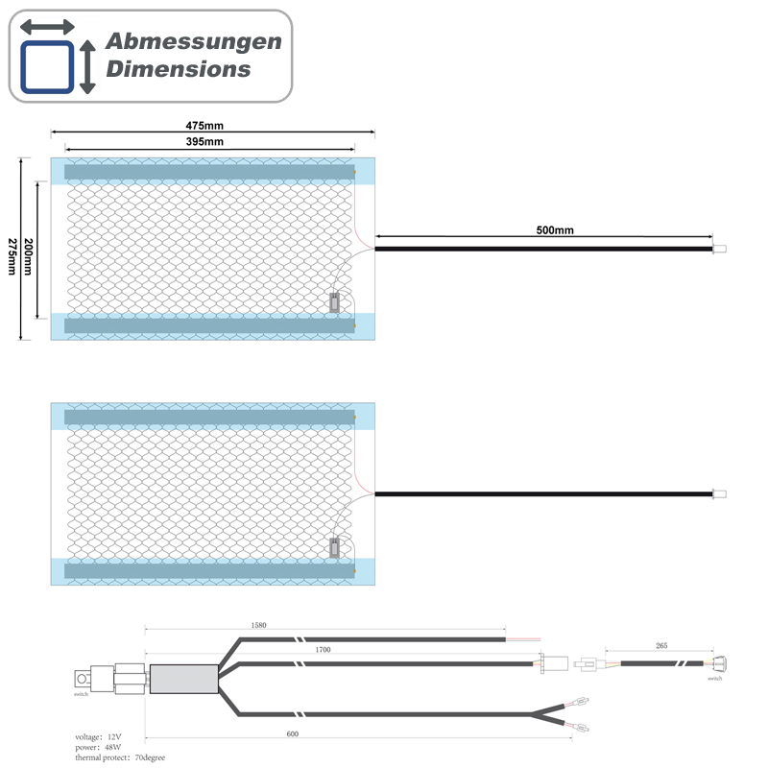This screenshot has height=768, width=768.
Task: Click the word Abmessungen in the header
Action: pyautogui.click(x=194, y=41)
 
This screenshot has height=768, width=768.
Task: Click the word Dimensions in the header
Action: pyautogui.click(x=179, y=69)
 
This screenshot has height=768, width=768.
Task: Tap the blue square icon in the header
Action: pyautogui.click(x=47, y=67)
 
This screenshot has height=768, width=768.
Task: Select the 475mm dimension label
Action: pyautogui.click(x=204, y=126)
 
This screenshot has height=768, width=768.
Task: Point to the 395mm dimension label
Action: pyautogui.click(x=204, y=141)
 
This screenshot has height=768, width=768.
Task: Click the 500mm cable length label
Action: pyautogui.click(x=555, y=230)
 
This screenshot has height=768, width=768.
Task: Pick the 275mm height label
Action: pyautogui.click(x=12, y=256)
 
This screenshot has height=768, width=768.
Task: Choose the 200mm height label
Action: pyautogui.click(x=29, y=256)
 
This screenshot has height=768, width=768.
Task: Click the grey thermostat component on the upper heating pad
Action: pyautogui.click(x=334, y=302)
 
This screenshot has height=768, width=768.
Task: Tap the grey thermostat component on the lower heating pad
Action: pyautogui.click(x=334, y=547)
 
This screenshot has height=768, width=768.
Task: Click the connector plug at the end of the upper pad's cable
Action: pyautogui.click(x=719, y=249)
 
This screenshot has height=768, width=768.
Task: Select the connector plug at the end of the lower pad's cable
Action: pyautogui.click(x=719, y=493)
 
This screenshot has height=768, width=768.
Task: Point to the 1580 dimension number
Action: pyautogui.click(x=258, y=626)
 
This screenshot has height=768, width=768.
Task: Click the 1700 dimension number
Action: pyautogui.click(x=323, y=650)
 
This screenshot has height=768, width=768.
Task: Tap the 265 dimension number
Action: pyautogui.click(x=661, y=645)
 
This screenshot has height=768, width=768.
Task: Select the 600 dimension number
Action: pyautogui.click(x=293, y=733)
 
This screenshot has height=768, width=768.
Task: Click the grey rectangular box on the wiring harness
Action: pyautogui.click(x=184, y=679)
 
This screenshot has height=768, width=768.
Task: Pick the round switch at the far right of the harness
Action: pyautogui.click(x=720, y=664)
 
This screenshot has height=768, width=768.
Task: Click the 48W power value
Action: pyautogui.click(x=113, y=748)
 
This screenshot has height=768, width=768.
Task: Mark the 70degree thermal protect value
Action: pyautogui.click(x=150, y=757)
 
